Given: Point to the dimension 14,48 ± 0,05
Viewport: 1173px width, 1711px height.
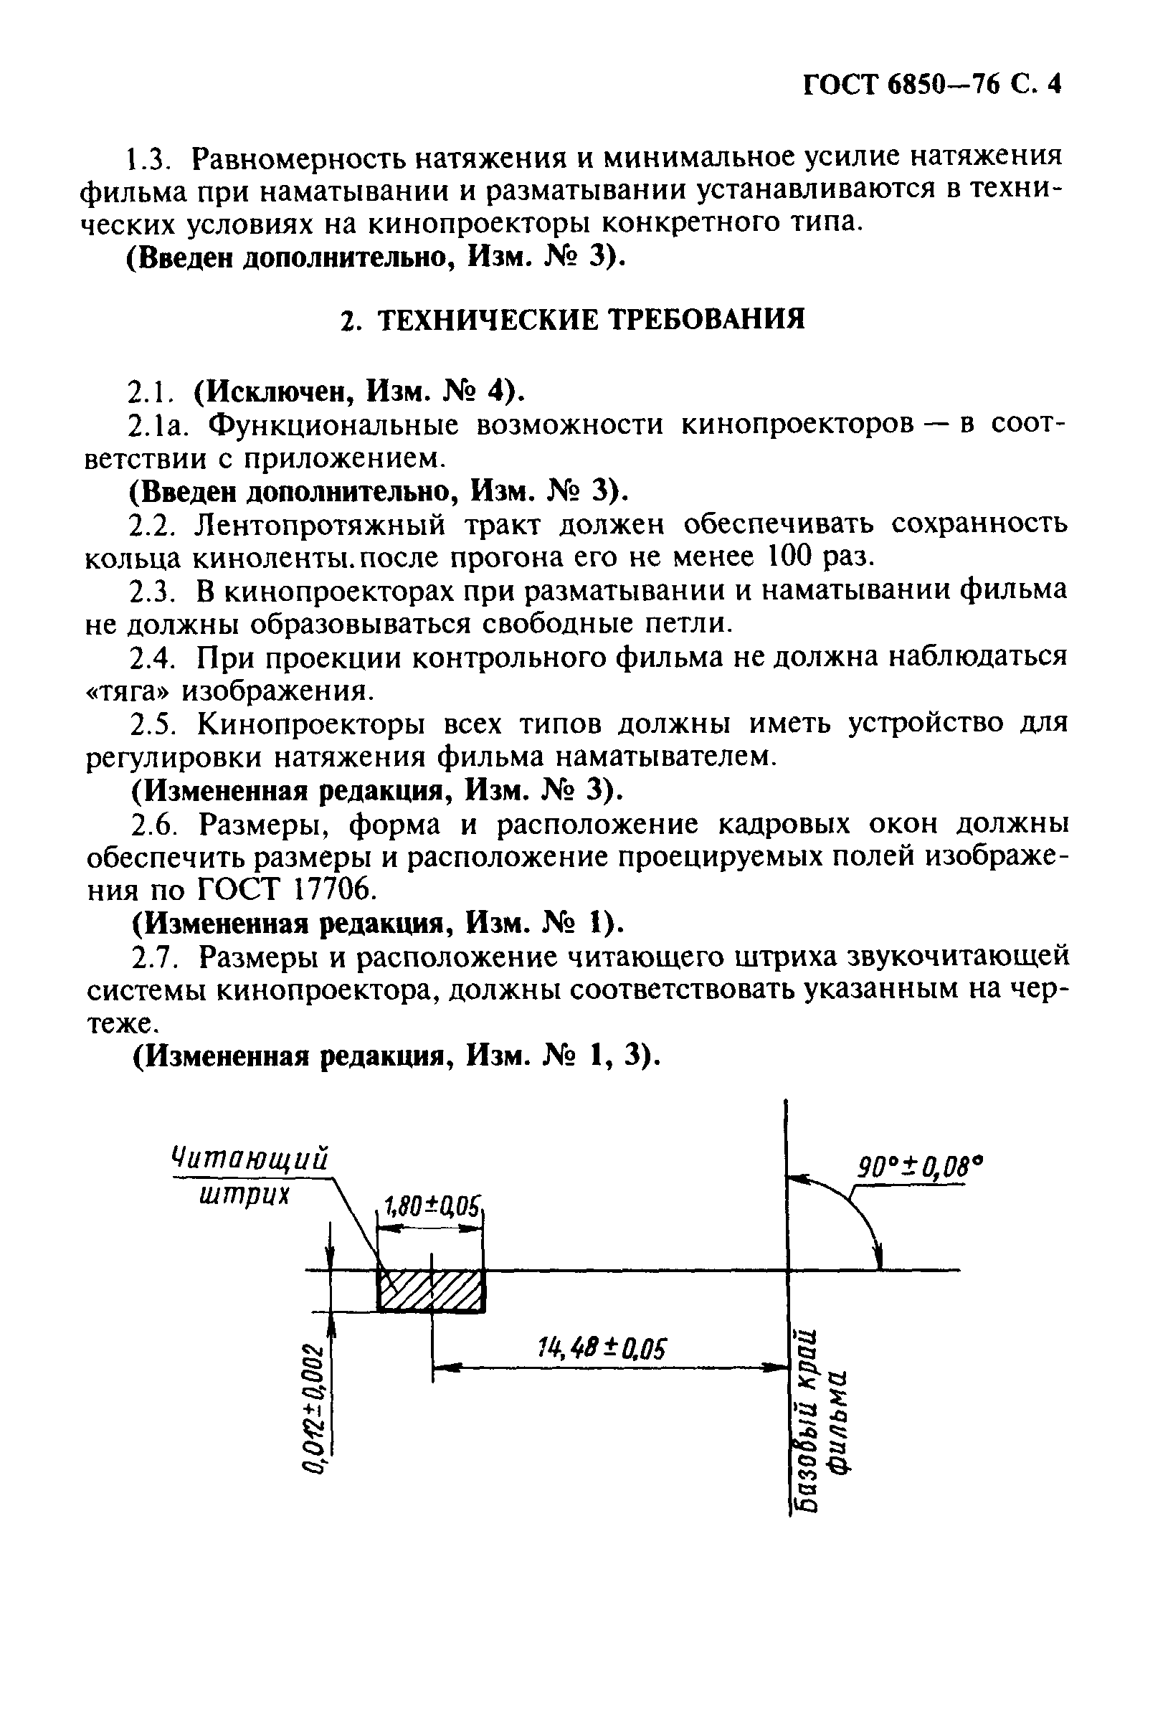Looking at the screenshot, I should coord(602,1348).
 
